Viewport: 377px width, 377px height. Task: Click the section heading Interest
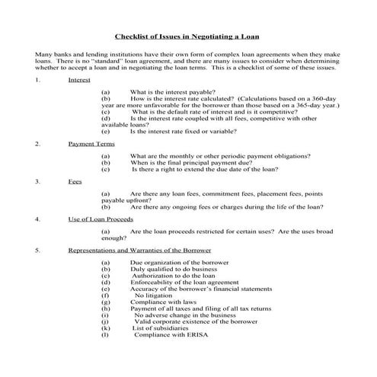point(79,80)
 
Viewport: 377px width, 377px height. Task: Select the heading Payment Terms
point(91,142)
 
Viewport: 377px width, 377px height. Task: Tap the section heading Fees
point(75,181)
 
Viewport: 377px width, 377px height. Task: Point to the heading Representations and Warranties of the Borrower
point(139,250)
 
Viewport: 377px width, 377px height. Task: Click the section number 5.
point(37,250)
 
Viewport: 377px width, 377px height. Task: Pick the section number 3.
point(37,181)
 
